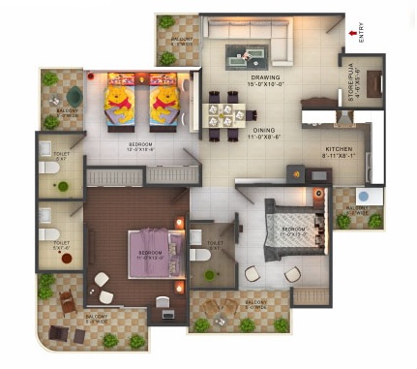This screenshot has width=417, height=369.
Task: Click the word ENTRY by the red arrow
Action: pyautogui.click(x=362, y=32)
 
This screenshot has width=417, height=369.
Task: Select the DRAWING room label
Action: pyautogui.click(x=265, y=77)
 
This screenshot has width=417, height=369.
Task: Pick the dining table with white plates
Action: pyautogui.click(x=222, y=109)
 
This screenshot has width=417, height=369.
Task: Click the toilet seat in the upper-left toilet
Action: pyautogui.click(x=45, y=168)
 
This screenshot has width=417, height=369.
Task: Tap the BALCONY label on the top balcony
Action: pyautogui.click(x=180, y=40)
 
